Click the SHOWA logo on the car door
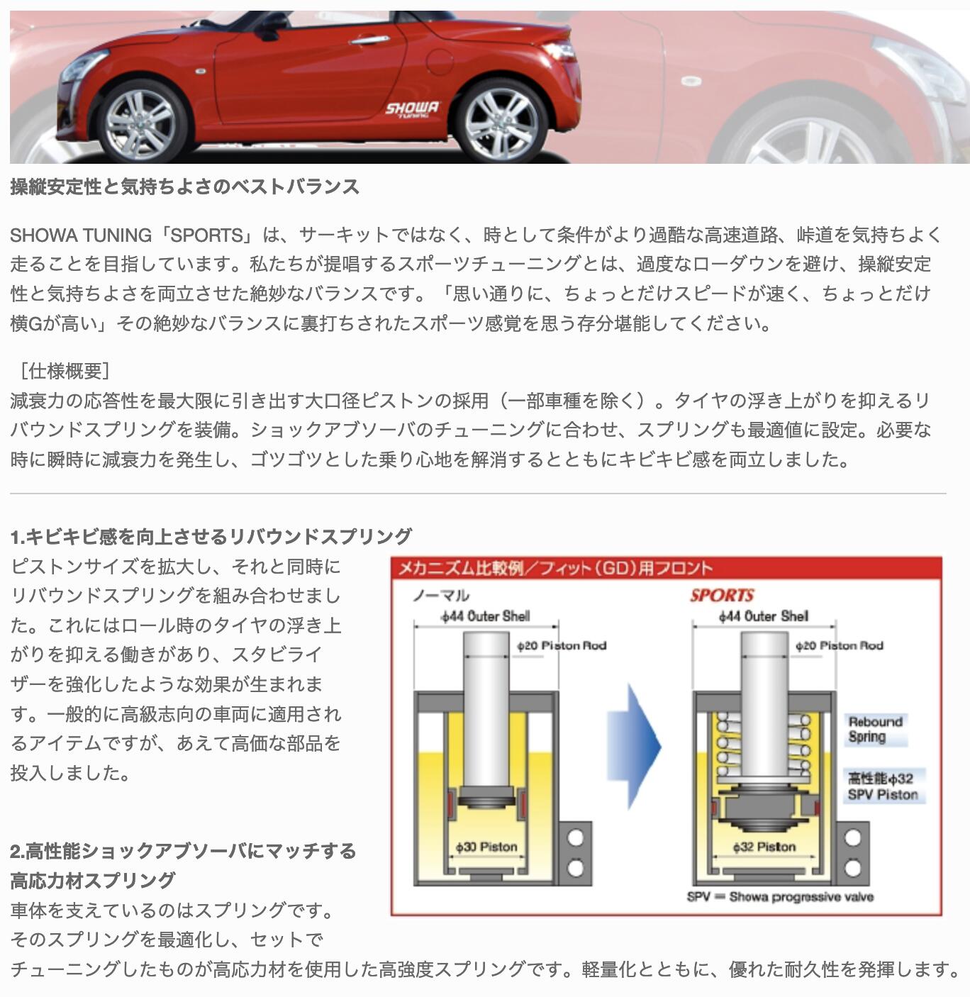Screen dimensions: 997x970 pyautogui.click(x=411, y=109)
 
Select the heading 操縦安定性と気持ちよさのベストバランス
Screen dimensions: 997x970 pyautogui.click(x=184, y=186)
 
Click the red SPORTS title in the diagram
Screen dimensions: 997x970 pyautogui.click(x=722, y=595)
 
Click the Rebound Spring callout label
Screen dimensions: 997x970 pyautogui.click(x=875, y=729)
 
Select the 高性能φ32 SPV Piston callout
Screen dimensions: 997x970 pyautogui.click(x=883, y=786)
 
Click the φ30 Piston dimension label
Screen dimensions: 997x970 pyautogui.click(x=486, y=847)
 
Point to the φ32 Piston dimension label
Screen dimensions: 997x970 pyautogui.click(x=764, y=847)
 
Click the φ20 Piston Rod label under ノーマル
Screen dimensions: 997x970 pyautogui.click(x=562, y=645)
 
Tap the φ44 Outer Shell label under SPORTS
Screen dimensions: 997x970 pyautogui.click(x=763, y=616)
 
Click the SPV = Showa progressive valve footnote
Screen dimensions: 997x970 pyautogui.click(x=780, y=897)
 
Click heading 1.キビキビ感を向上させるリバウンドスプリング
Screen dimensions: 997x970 pyautogui.click(x=211, y=536)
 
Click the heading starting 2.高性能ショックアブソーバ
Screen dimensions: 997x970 pyautogui.click(x=183, y=850)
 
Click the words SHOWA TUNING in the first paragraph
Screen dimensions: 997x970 pyautogui.click(x=81, y=235)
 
